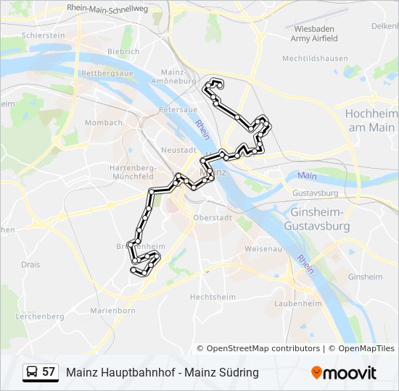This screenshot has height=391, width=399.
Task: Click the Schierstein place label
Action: [44, 35]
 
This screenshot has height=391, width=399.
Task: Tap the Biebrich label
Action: [123, 52]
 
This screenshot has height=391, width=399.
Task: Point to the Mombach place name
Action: [104, 123]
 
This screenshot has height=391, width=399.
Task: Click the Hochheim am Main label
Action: [371, 120]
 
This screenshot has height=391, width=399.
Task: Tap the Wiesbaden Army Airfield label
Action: [314, 33]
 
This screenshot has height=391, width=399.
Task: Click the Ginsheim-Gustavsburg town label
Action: [320, 219]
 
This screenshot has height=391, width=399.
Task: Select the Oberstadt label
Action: [212, 217]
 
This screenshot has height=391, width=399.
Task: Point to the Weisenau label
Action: [263, 248]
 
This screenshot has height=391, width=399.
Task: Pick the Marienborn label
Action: [112, 311]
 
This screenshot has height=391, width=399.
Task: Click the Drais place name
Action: [30, 265]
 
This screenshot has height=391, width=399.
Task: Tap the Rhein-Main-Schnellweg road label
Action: [107, 7]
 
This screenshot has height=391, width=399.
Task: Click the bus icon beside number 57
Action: [33, 372]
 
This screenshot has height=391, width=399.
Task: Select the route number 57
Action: [49, 372]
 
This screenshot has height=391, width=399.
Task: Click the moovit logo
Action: [344, 373]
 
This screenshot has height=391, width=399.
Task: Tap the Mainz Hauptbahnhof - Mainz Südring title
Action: [162, 372]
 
